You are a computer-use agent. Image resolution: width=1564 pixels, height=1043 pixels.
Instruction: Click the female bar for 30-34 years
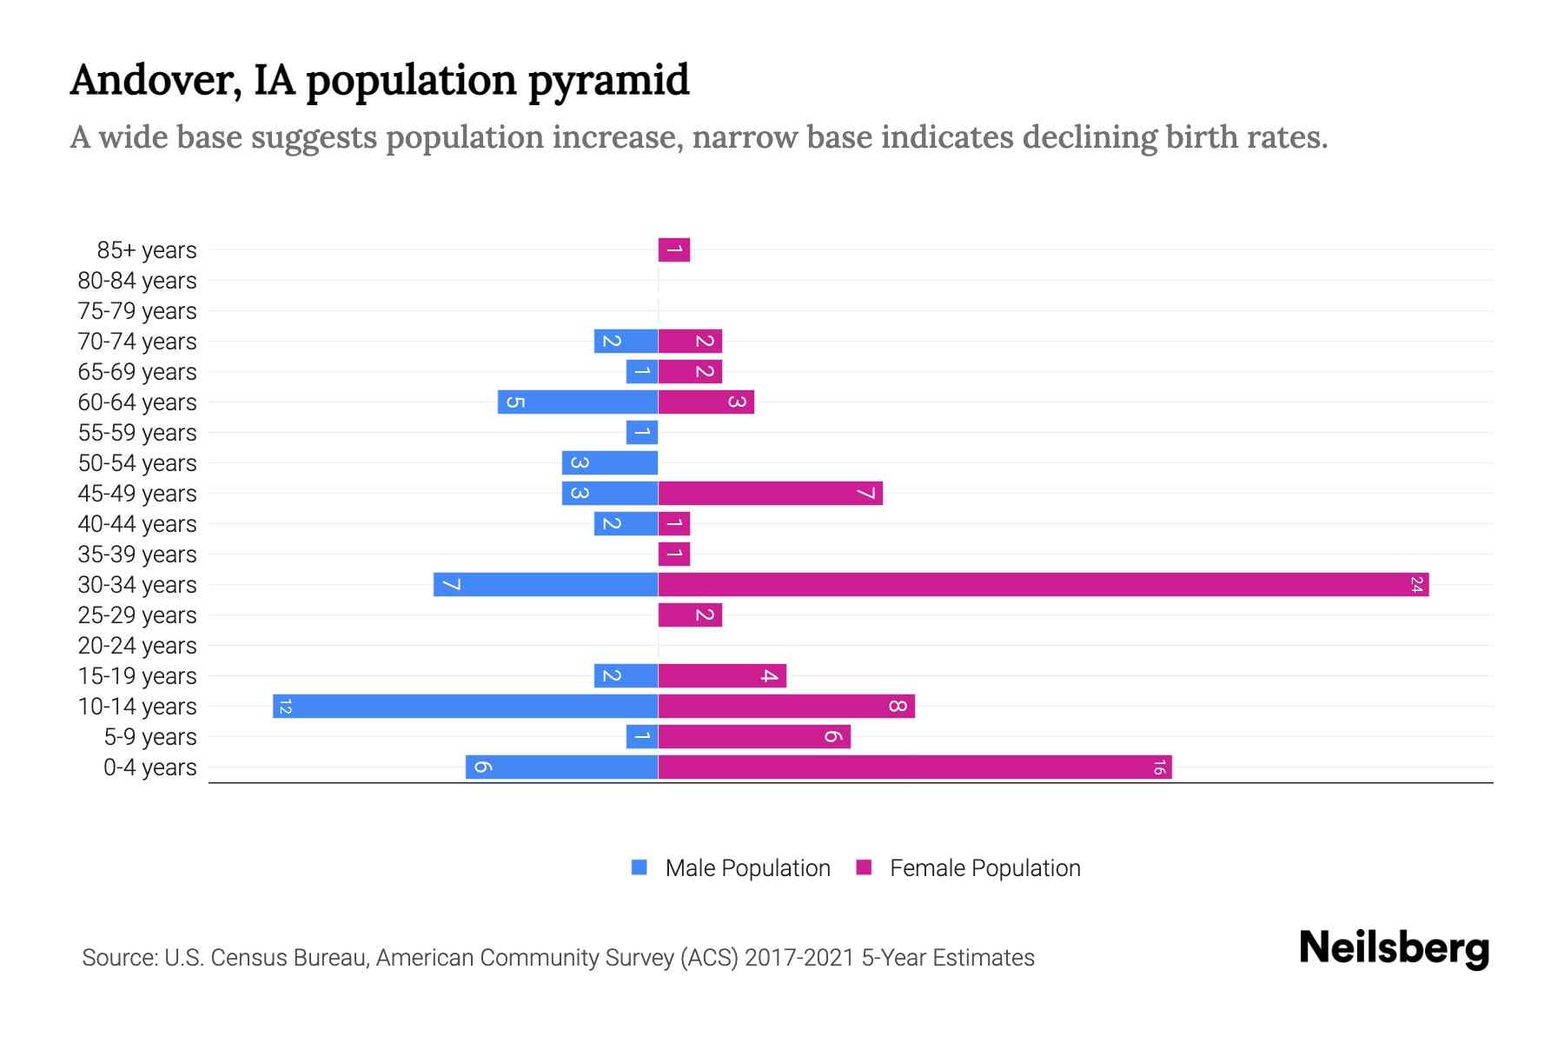pos(1043,585)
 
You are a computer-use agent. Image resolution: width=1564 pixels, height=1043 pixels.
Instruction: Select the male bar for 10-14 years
pos(465,707)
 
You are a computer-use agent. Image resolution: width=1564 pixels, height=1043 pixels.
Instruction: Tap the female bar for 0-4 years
pos(914,767)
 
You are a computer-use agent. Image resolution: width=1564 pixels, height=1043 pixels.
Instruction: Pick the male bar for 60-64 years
pos(577,402)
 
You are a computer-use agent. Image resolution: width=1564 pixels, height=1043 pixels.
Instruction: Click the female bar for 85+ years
pos(674,250)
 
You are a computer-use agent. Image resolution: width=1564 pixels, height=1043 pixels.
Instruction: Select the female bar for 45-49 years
pos(770,494)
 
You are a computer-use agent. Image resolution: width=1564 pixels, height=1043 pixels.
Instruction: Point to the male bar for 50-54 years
pos(609,463)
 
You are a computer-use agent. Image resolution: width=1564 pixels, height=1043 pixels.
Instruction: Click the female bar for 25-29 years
pos(690,615)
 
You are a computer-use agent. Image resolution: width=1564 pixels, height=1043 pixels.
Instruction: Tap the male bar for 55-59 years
pos(641,433)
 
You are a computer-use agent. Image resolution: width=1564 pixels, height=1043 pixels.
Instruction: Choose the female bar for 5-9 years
pos(754,737)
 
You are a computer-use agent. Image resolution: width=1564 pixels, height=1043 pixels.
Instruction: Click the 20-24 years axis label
pos(137,646)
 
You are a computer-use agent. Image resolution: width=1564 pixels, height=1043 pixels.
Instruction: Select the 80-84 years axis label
pos(137,281)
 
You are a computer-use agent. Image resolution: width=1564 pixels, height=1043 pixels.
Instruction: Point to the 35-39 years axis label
pos(137,555)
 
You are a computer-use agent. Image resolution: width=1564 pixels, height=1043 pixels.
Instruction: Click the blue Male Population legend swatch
pos(640,867)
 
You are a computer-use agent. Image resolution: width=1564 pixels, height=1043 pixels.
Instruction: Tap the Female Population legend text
pos(984,868)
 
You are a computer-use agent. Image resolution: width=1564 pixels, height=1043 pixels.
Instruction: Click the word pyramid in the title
pos(608,81)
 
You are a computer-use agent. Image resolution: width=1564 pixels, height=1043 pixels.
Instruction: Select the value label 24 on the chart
pos(1416,585)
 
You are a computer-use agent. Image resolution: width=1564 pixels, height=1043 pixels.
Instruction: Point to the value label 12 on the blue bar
pos(285,707)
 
